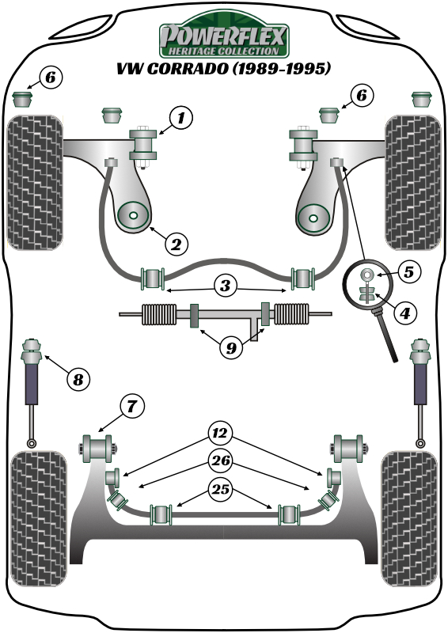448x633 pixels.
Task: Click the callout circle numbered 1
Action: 180,118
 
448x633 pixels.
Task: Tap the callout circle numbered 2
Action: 176,244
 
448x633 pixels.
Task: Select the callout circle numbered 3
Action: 225,286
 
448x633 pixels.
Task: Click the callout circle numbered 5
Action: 408,271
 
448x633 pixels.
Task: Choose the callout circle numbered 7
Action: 131,406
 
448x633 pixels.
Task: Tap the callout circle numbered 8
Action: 78,379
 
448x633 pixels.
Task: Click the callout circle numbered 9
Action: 231,347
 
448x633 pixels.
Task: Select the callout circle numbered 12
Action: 220,434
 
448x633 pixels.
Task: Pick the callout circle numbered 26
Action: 220,461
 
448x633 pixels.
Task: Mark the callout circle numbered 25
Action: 220,489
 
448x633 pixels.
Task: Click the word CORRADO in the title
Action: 188,69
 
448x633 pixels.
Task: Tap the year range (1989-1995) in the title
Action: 282,69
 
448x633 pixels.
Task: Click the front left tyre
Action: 35,183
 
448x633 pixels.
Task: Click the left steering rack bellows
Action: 159,314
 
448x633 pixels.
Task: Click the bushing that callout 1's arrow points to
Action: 142,144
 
